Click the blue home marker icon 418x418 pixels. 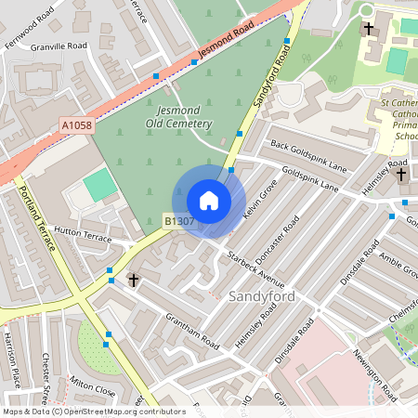(x=209, y=201)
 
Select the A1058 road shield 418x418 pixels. (x=78, y=124)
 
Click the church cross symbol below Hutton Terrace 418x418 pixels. (x=133, y=279)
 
